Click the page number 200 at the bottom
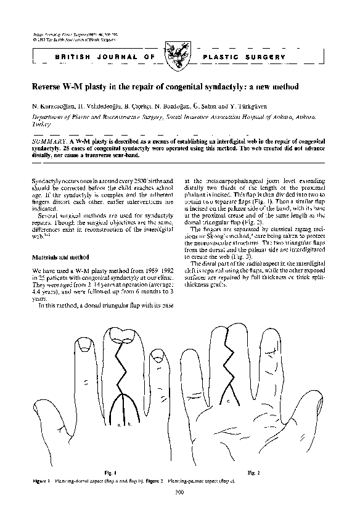pos(180,491)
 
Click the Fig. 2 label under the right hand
pos(253,472)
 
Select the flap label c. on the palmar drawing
pos(229,401)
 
